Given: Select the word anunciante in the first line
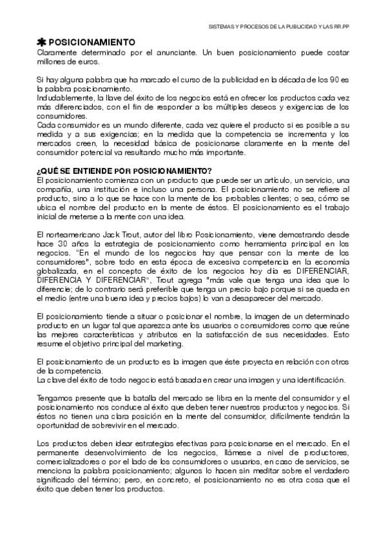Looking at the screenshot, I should (171, 50).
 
